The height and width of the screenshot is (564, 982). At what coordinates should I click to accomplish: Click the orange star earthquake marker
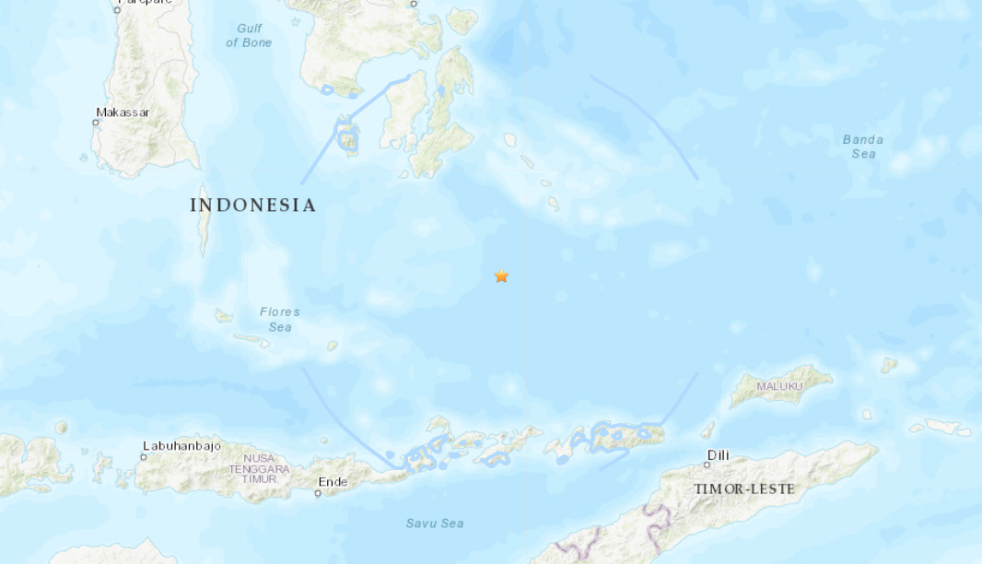(501, 276)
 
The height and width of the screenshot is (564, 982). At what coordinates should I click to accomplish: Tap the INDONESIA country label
(252, 206)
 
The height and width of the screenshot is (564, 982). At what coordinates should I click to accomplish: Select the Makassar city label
(123, 112)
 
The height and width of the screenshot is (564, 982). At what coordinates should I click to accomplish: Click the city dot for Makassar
(97, 122)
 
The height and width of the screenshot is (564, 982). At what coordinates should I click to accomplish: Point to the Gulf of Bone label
(249, 36)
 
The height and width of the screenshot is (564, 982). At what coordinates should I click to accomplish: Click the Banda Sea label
(863, 147)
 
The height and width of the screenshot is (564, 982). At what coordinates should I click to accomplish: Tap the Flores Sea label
(279, 319)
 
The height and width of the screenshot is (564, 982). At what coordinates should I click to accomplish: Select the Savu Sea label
(435, 523)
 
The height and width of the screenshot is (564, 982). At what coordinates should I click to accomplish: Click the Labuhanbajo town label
(181, 446)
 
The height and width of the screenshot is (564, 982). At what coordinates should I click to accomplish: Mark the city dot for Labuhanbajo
(145, 456)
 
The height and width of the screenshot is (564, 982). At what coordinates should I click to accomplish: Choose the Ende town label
(333, 482)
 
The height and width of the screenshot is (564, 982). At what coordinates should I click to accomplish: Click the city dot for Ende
(318, 493)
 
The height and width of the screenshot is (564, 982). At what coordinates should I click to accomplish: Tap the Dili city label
(718, 455)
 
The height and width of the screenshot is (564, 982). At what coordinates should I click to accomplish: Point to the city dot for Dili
(707, 465)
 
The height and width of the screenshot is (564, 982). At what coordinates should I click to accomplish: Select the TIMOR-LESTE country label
(743, 488)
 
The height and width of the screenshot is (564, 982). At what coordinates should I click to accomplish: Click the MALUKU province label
(779, 386)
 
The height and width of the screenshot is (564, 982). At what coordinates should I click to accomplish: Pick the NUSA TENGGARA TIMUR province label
(266, 469)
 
